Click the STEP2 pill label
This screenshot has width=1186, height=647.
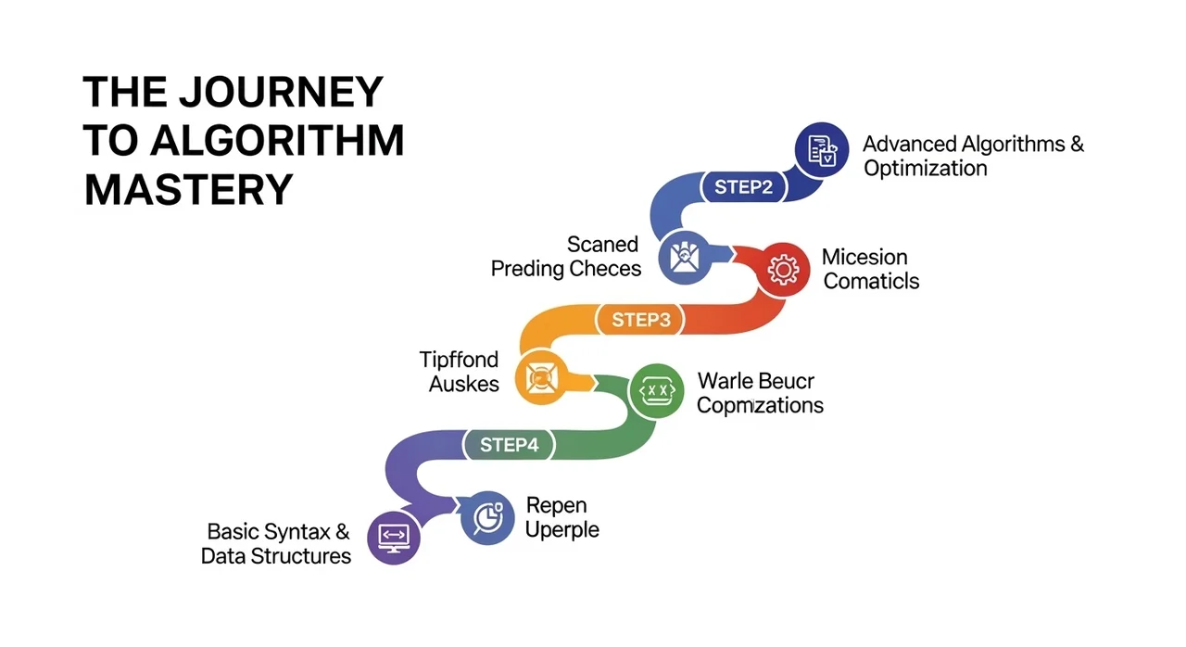pos(743,187)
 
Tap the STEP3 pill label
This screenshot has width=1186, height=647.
pos(640,321)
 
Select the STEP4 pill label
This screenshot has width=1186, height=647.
pos(509,445)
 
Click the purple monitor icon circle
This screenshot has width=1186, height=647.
pos(394,537)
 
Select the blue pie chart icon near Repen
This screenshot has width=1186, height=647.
pos(487,517)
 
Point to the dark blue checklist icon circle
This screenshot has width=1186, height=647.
pos(822,149)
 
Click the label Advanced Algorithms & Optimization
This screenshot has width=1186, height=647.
pos(972,156)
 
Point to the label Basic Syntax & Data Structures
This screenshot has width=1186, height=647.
pos(277,544)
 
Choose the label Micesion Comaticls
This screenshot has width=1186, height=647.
pos(870,269)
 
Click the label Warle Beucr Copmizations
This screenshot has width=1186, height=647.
pos(759,393)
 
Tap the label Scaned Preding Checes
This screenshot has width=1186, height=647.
pos(566,257)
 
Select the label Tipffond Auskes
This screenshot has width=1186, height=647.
pos(459,371)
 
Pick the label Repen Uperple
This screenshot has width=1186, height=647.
pos(561,518)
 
